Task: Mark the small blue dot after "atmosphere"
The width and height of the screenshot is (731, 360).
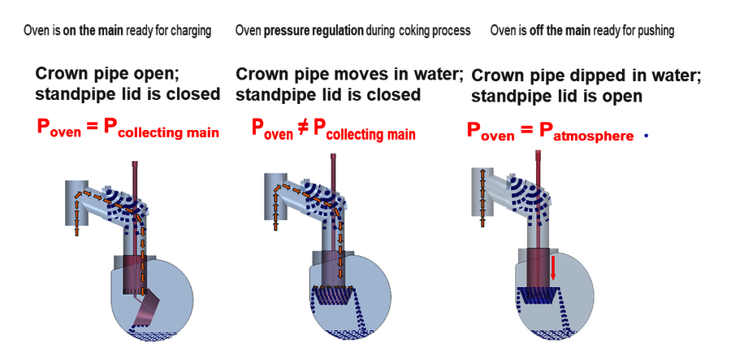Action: point(646,136)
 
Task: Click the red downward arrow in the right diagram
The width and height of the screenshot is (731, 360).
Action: point(553,266)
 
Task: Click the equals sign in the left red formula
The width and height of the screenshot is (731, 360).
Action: point(91,128)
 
